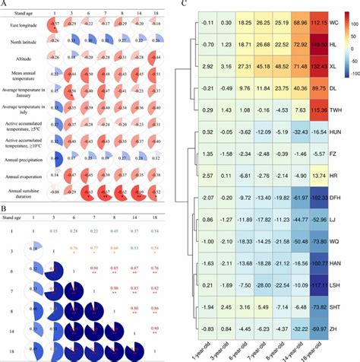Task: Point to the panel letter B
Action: (5, 208)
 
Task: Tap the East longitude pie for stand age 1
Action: (53, 25)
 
